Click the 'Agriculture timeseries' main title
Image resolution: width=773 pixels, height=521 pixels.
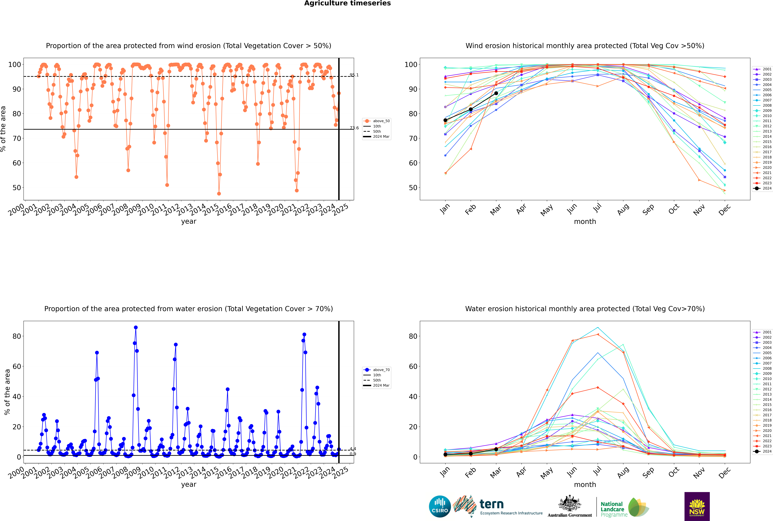(347, 3)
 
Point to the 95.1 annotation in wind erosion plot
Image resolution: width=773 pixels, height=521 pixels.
(354, 75)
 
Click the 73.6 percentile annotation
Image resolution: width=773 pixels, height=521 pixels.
(354, 128)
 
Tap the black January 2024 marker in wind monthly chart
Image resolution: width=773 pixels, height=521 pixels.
(445, 120)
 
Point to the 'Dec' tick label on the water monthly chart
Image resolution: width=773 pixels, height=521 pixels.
(725, 472)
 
